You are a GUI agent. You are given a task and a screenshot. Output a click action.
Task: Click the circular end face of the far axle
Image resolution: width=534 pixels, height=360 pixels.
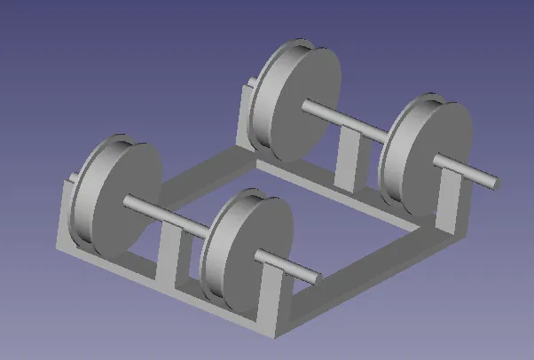coord(494,183)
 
